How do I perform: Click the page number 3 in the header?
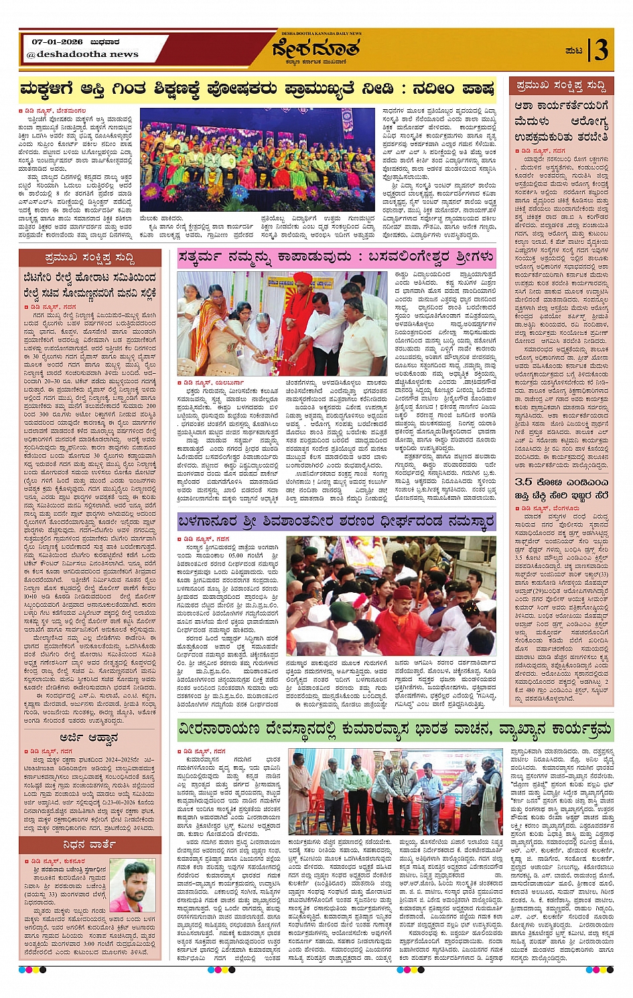pyautogui.click(x=601, y=50)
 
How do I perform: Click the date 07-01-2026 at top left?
pyautogui.click(x=57, y=42)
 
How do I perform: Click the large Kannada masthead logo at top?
pyautogui.click(x=315, y=49)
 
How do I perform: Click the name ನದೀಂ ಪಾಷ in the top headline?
pyautogui.click(x=456, y=88)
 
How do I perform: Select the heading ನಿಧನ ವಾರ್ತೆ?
pyautogui.click(x=89, y=845)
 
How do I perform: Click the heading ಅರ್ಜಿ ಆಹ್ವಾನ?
pyautogui.click(x=89, y=737)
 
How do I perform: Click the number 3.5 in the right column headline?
pyautogui.click(x=524, y=482)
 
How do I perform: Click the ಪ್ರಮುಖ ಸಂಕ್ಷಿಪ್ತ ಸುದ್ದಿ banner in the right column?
pyautogui.click(x=561, y=86)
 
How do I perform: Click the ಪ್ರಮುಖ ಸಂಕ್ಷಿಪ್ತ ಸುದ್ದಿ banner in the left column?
pyautogui.click(x=90, y=258)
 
